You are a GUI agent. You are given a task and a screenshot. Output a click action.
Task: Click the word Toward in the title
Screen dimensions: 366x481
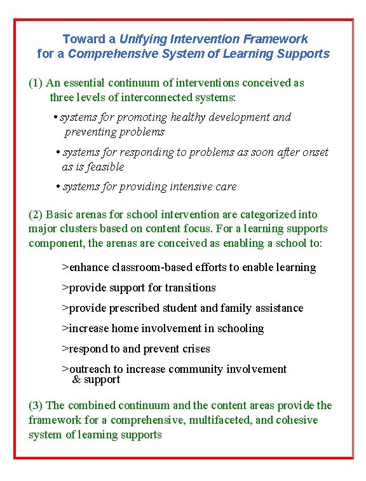80,39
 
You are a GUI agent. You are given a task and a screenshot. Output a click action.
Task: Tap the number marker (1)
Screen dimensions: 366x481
36,83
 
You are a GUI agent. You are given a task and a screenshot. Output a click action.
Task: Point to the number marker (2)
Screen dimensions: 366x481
36,214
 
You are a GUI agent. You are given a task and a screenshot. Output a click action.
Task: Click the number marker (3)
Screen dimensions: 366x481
36,405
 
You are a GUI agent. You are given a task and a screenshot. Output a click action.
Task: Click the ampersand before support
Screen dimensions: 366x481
76,380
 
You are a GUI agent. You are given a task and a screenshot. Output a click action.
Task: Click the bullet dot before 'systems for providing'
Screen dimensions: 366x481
57,187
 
